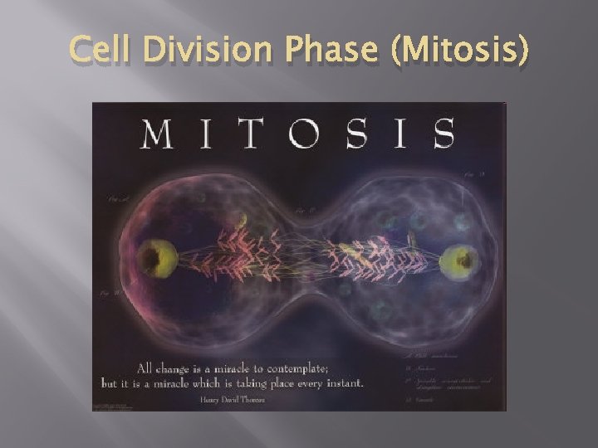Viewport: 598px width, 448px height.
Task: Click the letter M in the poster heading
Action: coord(160,134)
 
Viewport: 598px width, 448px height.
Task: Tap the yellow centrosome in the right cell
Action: coord(459,261)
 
